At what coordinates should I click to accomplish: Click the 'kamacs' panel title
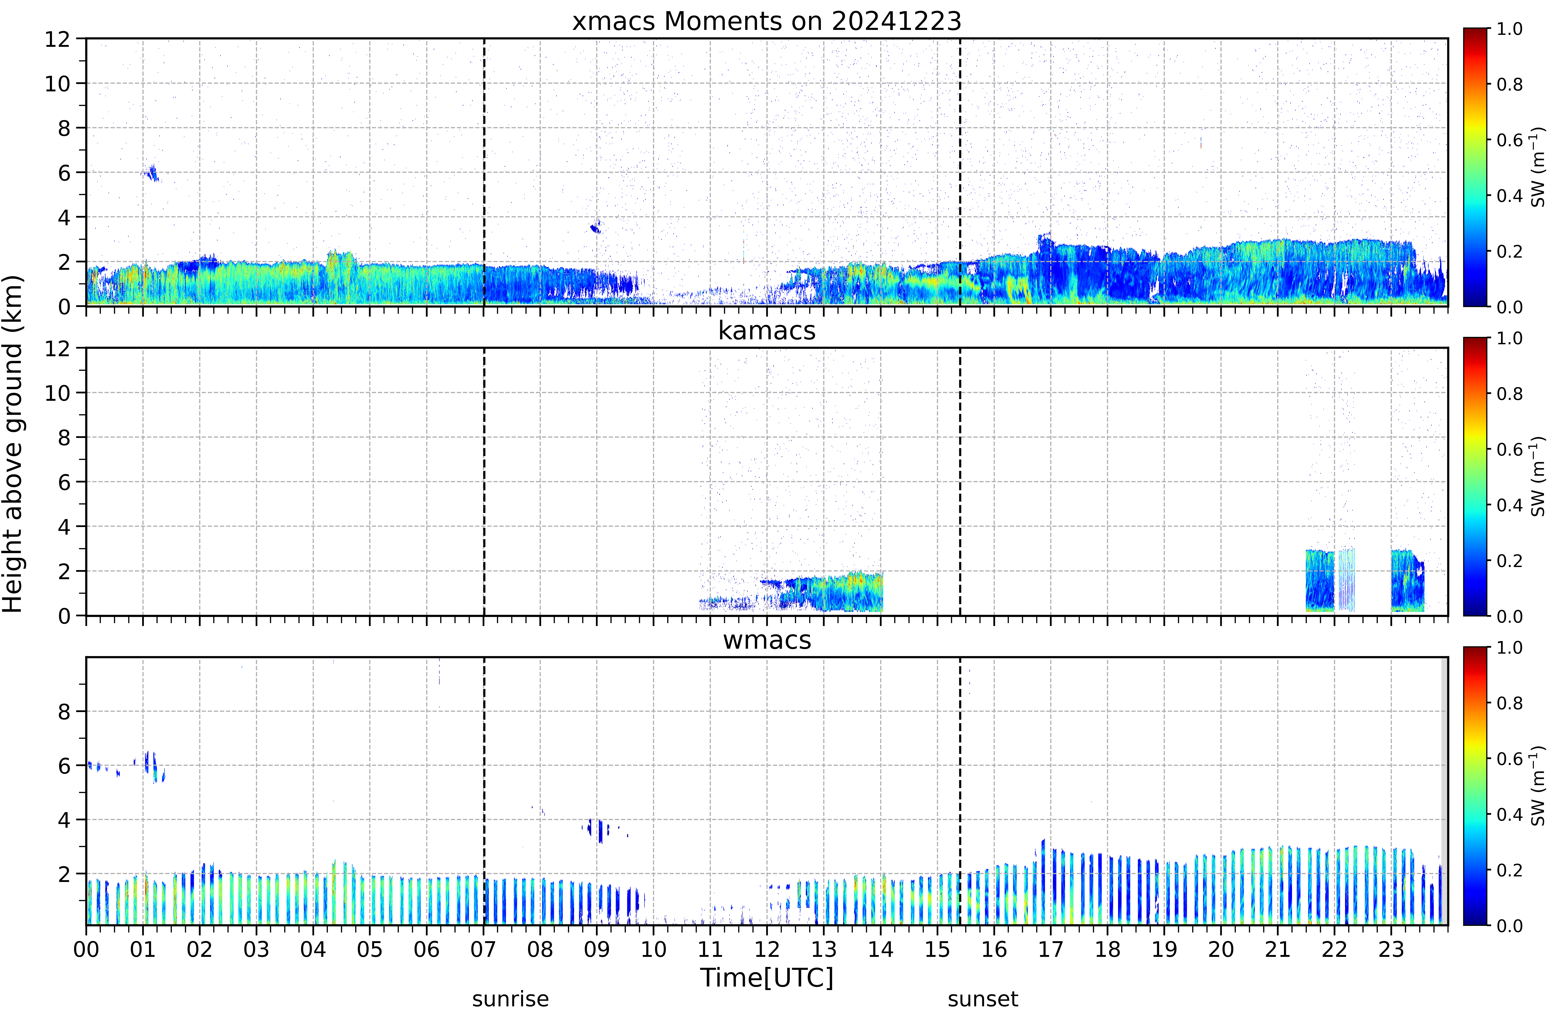(767, 330)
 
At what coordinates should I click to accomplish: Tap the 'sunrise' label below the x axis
(511, 999)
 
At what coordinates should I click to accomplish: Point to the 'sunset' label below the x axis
(983, 999)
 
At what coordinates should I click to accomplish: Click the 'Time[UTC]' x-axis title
(767, 978)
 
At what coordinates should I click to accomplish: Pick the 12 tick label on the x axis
(767, 949)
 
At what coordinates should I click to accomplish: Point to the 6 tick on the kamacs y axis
(64, 482)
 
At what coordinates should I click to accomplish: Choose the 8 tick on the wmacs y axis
(64, 711)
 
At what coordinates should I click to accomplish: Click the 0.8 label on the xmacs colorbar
(1510, 84)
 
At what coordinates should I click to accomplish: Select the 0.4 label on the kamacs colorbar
(1510, 505)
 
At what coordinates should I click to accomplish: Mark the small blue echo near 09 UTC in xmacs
(595, 227)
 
